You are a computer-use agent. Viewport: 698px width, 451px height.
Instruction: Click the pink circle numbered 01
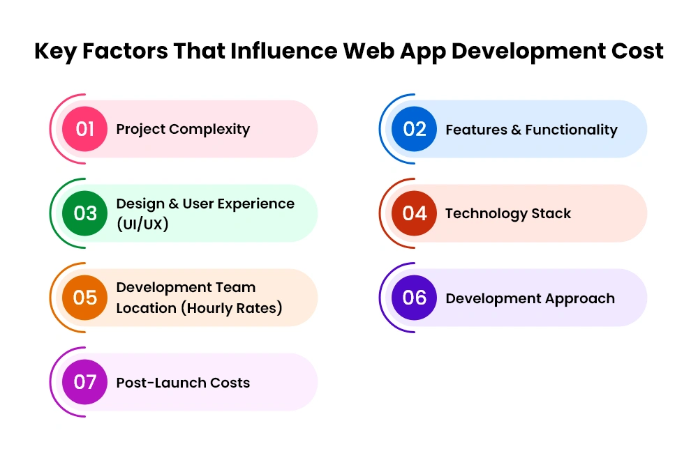[x=84, y=129]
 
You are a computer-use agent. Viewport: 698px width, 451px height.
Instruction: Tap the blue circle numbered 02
[x=414, y=129]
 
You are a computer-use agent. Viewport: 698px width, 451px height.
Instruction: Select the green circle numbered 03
[x=84, y=213]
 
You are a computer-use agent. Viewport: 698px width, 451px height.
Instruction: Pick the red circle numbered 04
[x=414, y=213]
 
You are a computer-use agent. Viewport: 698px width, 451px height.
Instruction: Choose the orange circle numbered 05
[x=84, y=298]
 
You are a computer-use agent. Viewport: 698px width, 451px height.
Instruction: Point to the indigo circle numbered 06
[x=414, y=298]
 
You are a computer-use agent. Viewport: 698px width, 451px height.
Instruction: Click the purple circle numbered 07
[x=84, y=381]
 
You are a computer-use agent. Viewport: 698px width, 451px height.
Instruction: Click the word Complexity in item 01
[x=209, y=130]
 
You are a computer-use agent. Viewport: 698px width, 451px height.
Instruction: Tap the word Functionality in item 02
[x=572, y=130]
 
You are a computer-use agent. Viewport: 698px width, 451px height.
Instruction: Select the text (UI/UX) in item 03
[x=142, y=224]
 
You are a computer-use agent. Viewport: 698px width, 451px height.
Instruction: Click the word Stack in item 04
[x=551, y=213]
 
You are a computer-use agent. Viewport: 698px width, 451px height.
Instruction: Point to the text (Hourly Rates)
[x=232, y=308]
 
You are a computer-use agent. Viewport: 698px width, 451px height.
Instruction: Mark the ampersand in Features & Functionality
[x=516, y=130]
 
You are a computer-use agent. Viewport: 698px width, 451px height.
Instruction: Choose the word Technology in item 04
[x=486, y=214]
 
